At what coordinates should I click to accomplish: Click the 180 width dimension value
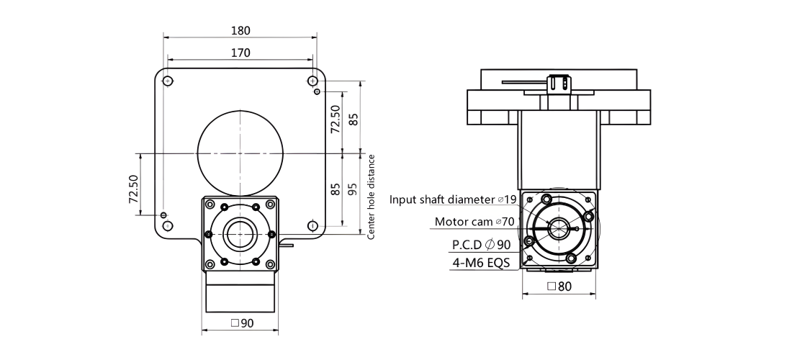(x=240, y=30)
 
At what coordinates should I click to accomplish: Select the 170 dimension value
(x=240, y=53)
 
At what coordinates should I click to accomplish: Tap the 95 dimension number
(x=353, y=189)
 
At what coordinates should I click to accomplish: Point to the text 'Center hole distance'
(x=372, y=197)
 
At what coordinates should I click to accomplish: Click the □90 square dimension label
(x=241, y=323)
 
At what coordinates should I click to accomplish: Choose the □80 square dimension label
(x=559, y=287)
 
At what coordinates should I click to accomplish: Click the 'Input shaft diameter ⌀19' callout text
(x=453, y=199)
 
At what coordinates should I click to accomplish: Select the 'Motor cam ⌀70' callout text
(x=474, y=222)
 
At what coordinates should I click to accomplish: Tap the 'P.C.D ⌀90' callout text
(x=481, y=245)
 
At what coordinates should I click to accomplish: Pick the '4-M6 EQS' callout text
(x=480, y=263)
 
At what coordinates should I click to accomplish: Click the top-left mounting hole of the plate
(x=168, y=81)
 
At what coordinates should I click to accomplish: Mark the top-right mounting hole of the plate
(x=313, y=81)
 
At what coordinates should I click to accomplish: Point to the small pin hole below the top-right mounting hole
(x=318, y=91)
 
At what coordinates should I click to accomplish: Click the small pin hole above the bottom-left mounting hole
(x=163, y=215)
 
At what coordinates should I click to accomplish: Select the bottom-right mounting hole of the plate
(x=313, y=225)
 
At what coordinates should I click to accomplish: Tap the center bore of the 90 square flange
(x=240, y=234)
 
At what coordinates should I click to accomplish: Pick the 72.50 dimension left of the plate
(x=133, y=189)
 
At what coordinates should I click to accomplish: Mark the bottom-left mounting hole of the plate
(x=168, y=225)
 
